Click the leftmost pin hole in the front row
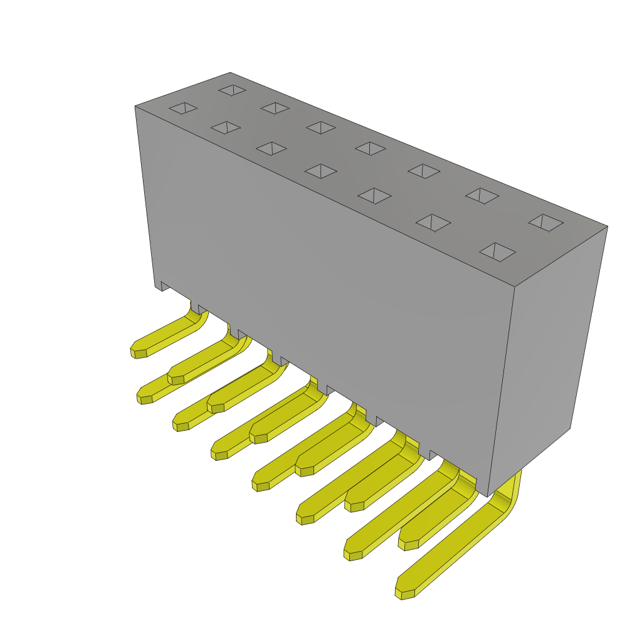[x=183, y=108]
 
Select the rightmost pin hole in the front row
[x=497, y=252]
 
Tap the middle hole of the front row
[x=321, y=171]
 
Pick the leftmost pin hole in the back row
[x=233, y=90]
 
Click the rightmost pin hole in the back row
[x=545, y=223]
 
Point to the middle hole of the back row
[x=370, y=149]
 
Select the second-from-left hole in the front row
[x=226, y=128]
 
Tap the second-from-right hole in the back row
[x=482, y=196]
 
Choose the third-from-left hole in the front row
[x=271, y=149]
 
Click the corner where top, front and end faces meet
[x=515, y=287]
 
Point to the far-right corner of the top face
[x=608, y=226]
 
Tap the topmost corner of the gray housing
[x=230, y=73]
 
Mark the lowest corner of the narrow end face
[x=488, y=497]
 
